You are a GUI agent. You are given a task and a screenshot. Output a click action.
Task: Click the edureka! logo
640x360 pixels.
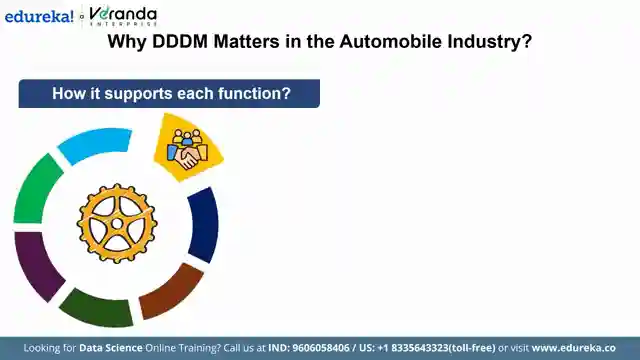(x=39, y=17)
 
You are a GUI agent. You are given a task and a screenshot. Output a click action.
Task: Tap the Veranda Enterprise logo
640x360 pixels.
(x=123, y=17)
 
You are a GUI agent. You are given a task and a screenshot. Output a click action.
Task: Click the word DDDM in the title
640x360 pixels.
(x=180, y=42)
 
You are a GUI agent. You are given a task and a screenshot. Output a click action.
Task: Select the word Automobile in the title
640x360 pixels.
(x=391, y=42)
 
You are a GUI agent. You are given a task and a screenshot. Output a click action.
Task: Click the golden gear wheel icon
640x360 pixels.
(x=117, y=223)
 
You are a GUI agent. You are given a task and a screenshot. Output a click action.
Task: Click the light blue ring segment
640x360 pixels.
(x=96, y=142)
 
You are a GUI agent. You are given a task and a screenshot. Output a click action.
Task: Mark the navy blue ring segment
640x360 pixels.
(x=205, y=224)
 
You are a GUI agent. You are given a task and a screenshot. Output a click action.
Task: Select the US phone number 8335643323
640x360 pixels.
(x=420, y=348)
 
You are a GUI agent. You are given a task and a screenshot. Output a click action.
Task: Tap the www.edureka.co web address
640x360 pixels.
(x=573, y=348)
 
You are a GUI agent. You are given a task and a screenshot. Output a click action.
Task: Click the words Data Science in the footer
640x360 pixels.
(x=111, y=348)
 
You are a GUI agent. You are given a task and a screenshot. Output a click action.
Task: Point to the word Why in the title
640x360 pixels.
(x=127, y=42)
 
